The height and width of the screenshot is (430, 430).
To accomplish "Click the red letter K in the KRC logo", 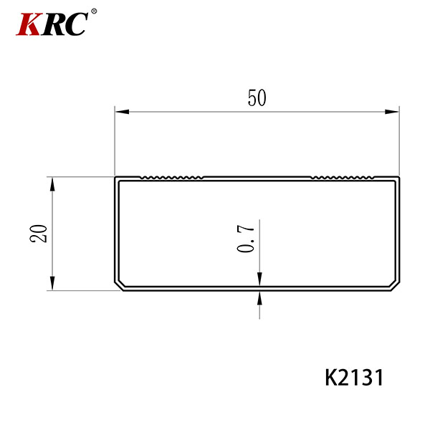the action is coord(29,24).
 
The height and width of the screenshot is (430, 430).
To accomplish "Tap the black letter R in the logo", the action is coord(53,24).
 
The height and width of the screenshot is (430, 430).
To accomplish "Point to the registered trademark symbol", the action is coord(94,11).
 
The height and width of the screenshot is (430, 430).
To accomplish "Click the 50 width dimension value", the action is coord(257,98).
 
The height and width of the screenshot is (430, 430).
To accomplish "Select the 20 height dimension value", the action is coord(39,234).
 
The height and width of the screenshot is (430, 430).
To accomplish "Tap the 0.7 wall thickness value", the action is coord(245,236).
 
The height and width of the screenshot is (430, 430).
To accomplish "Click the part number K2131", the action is coord(354,378).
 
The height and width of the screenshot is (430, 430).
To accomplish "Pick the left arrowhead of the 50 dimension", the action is coord(122,112).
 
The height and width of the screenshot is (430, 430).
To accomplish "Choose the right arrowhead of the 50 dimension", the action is coord(392,112).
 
